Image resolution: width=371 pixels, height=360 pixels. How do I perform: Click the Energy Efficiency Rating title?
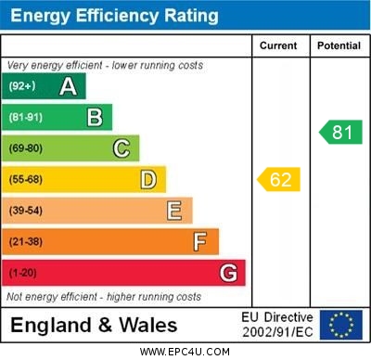click(x=114, y=16)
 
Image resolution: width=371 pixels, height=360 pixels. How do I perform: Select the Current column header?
click(x=278, y=45)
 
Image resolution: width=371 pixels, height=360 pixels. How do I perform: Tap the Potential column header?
click(x=339, y=45)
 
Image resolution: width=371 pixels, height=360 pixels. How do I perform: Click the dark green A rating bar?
click(x=45, y=86)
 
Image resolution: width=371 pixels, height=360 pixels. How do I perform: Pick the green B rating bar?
click(x=58, y=117)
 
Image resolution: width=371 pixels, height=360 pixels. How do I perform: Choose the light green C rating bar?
click(x=71, y=148)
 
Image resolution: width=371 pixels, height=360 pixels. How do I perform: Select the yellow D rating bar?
click(x=85, y=179)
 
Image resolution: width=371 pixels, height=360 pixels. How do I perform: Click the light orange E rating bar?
click(x=97, y=211)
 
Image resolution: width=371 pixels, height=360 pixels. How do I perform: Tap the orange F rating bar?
click(x=111, y=242)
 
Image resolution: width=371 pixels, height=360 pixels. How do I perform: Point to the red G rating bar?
click(x=124, y=273)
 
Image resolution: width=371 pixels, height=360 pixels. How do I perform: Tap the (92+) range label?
click(x=22, y=87)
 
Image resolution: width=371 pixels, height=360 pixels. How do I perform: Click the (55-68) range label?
click(x=26, y=180)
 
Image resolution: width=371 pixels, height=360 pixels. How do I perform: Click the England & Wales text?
click(x=93, y=326)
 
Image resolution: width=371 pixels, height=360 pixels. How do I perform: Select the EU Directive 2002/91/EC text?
click(x=277, y=325)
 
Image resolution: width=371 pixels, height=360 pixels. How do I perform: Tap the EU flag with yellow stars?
click(x=340, y=325)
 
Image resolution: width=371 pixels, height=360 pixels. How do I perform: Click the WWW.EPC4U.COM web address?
click(x=185, y=352)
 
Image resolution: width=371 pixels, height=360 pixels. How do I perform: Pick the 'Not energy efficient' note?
click(x=104, y=297)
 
